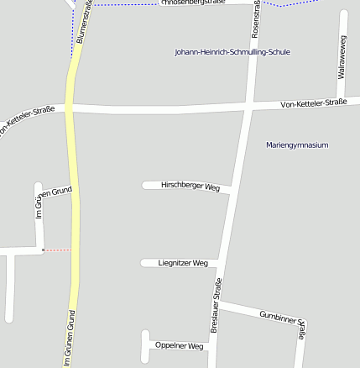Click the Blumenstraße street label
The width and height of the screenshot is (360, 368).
point(84,24)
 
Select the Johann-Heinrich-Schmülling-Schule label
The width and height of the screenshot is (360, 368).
point(232,52)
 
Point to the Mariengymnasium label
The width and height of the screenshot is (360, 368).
point(297,145)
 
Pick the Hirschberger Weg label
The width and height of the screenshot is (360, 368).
point(190,186)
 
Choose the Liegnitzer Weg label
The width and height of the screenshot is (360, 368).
point(183,263)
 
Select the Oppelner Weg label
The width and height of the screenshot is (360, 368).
point(180,346)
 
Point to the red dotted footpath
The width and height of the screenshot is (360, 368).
point(57,250)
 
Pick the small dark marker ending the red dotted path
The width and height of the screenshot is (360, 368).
point(43,250)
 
